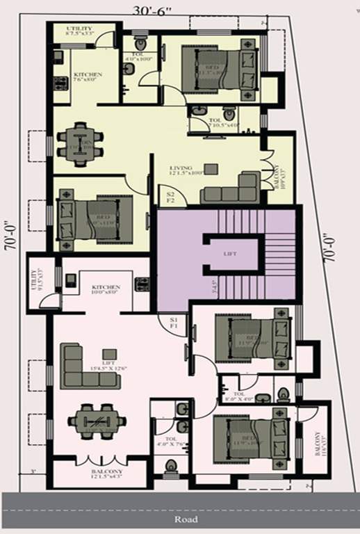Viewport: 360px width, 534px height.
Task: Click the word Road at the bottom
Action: [x=186, y=519]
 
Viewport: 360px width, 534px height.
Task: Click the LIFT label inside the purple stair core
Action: [x=230, y=254]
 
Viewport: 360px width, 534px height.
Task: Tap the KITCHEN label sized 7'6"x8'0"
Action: [x=88, y=77]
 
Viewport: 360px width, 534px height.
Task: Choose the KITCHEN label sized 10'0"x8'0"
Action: [x=106, y=290]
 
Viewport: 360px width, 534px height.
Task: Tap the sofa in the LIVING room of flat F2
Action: [x=229, y=188]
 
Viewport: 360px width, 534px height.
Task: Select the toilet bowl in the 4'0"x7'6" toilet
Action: [x=171, y=464]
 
